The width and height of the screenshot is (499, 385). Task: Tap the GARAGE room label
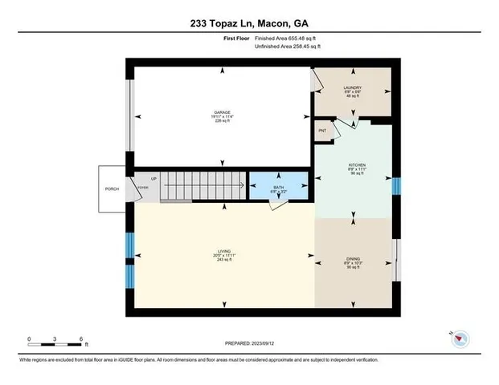click(x=223, y=112)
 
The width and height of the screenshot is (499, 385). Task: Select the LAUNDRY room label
click(x=352, y=87)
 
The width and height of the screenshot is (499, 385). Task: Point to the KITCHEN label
click(x=357, y=166)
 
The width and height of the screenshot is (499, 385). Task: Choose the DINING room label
click(x=354, y=258)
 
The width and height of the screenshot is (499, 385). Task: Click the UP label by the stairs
click(x=151, y=179)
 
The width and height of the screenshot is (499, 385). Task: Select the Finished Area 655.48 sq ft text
click(x=288, y=38)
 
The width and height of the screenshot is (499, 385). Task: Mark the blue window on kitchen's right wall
click(x=395, y=185)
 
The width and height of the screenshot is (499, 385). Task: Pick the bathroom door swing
click(x=276, y=205)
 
